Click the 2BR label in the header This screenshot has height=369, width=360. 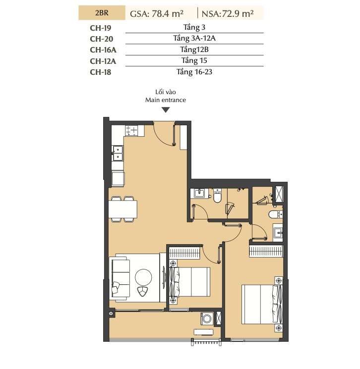(102, 13)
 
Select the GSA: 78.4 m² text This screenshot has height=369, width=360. (157, 14)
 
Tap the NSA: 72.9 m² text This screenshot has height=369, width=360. (228, 14)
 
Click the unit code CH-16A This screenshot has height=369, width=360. (103, 50)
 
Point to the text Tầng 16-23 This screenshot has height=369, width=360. (194, 72)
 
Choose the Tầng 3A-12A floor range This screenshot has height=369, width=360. (194, 38)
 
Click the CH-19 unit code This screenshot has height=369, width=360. (100, 28)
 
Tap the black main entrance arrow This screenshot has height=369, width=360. (166, 110)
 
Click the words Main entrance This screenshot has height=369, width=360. (166, 100)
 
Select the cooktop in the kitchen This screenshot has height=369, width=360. (131, 130)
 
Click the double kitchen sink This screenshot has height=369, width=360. (118, 153)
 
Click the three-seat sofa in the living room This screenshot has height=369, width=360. (120, 278)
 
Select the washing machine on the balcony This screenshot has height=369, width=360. (207, 319)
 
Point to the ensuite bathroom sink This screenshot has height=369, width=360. (278, 232)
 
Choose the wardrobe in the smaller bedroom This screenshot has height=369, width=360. (184, 253)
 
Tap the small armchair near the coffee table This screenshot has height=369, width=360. (142, 291)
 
